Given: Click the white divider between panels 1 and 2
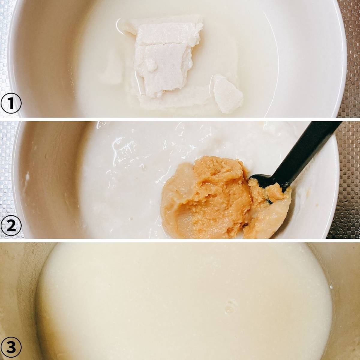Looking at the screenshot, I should (180, 119).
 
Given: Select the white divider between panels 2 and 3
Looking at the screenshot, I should (180, 241).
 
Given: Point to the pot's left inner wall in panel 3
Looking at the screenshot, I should (18, 300).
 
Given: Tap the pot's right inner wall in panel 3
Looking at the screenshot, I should (345, 300).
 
